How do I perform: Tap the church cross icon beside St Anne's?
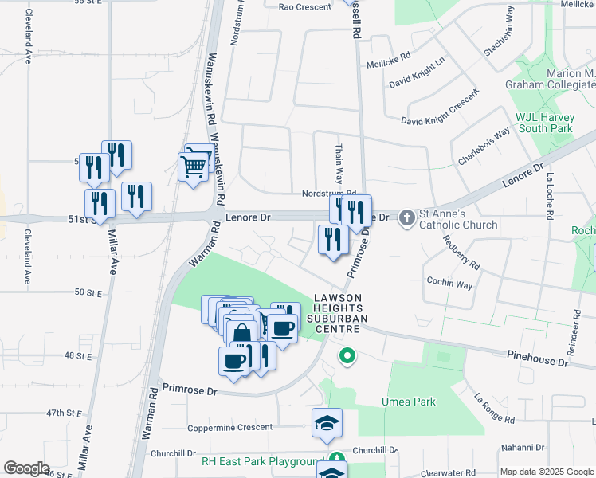406,217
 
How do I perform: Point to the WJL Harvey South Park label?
544,122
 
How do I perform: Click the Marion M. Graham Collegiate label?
551,79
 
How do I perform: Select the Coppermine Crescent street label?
229,428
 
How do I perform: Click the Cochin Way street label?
449,284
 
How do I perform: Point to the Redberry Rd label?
461,252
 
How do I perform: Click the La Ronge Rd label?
495,409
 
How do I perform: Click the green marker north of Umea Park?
347,356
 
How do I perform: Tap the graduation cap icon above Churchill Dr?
327,424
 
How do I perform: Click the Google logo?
26,468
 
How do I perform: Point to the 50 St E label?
90,293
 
